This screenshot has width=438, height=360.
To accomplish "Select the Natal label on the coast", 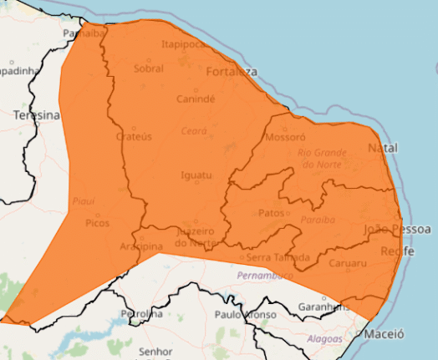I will point(383,148).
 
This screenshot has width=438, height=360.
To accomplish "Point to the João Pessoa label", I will point(398,229).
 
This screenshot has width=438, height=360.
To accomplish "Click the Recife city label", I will point(398,251).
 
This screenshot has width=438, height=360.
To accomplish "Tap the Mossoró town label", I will point(285,137).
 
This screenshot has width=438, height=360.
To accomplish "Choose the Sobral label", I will point(149,69).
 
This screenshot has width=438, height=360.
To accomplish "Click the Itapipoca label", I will point(184,44).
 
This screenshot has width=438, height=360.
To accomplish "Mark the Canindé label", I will point(196,99).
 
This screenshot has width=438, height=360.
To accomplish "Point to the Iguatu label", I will point(196,175).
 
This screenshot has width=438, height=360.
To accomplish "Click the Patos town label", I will point(271,213).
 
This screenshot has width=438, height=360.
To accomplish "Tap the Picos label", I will point(98,223).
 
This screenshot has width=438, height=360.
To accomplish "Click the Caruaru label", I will point(349,264).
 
